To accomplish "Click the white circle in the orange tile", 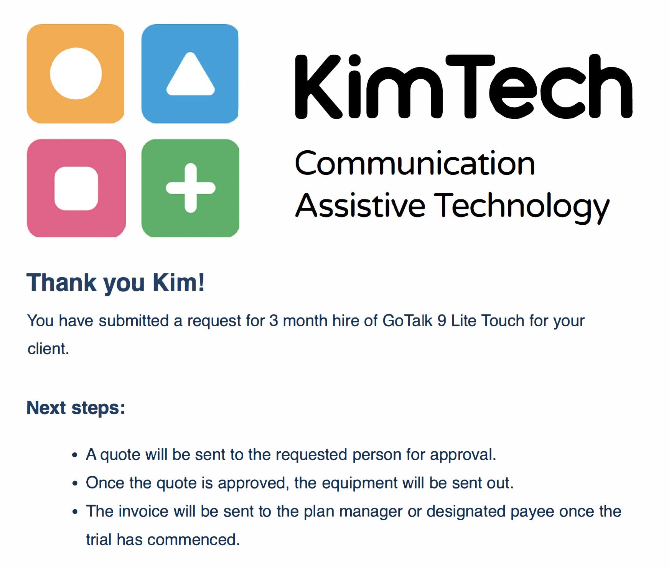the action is pyautogui.click(x=76, y=73).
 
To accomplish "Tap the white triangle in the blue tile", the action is pyautogui.click(x=190, y=74).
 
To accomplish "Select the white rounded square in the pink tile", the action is pyautogui.click(x=76, y=188).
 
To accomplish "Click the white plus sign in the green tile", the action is pyautogui.click(x=191, y=188).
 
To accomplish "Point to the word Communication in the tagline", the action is pyautogui.click(x=415, y=163).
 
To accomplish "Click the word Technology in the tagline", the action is pyautogui.click(x=522, y=207).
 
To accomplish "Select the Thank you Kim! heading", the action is pyautogui.click(x=115, y=283).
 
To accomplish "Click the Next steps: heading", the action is pyautogui.click(x=76, y=408).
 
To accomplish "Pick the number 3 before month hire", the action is pyautogui.click(x=274, y=321).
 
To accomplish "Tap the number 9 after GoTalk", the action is pyautogui.click(x=442, y=321).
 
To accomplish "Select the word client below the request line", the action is pyautogui.click(x=46, y=349).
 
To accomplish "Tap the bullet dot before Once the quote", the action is pyautogui.click(x=75, y=483).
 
